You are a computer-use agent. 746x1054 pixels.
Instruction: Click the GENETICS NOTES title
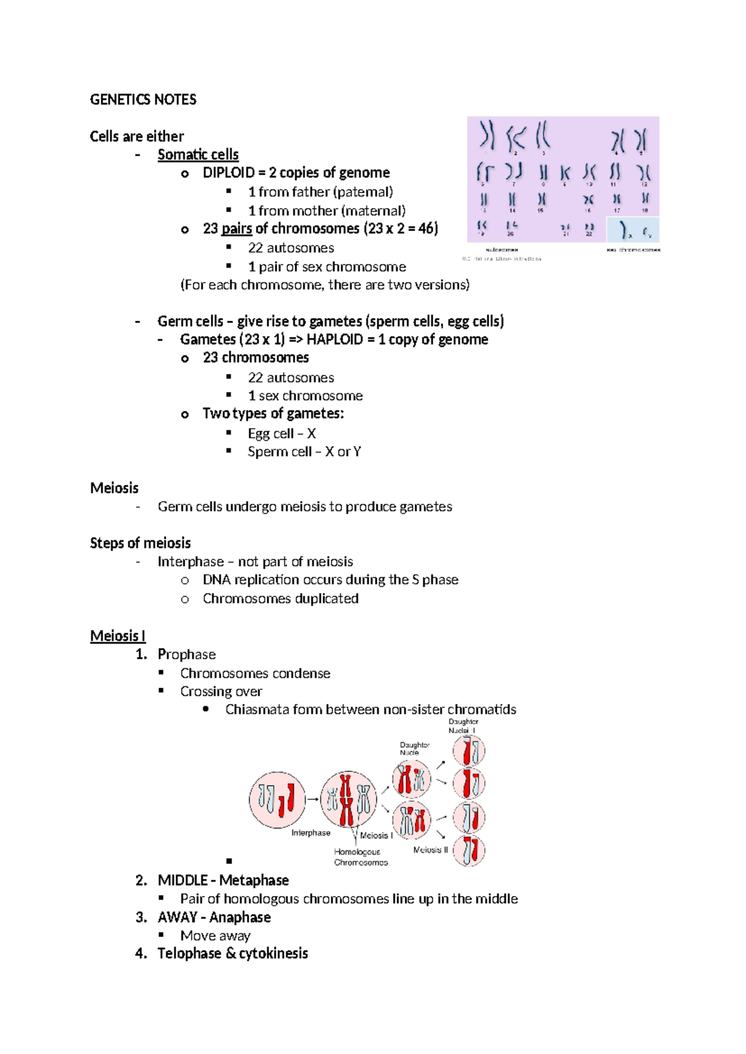tap(143, 99)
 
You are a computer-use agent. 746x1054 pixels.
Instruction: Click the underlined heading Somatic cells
tap(198, 154)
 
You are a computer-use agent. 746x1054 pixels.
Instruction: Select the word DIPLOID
tap(228, 173)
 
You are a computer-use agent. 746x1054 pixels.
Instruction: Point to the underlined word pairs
tap(236, 229)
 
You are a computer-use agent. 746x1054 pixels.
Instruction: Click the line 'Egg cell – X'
tap(282, 433)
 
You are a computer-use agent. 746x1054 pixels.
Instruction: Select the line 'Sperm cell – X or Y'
tap(304, 452)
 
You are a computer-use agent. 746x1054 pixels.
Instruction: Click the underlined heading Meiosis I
tap(117, 636)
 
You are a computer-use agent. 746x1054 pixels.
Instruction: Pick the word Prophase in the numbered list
tap(186, 654)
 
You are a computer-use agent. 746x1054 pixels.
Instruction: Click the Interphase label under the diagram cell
tap(311, 833)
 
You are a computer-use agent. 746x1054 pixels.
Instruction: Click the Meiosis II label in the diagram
tap(430, 850)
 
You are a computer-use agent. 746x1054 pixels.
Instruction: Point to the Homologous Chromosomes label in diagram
tap(361, 857)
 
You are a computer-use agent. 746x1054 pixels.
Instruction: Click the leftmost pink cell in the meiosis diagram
tap(277, 800)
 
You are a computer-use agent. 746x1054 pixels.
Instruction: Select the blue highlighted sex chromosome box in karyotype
tap(632, 229)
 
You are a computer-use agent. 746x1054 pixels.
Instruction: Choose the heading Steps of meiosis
tap(140, 543)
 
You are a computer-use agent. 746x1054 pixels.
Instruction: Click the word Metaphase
tap(254, 881)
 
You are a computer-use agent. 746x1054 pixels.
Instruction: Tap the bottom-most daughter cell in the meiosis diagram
tap(469, 851)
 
